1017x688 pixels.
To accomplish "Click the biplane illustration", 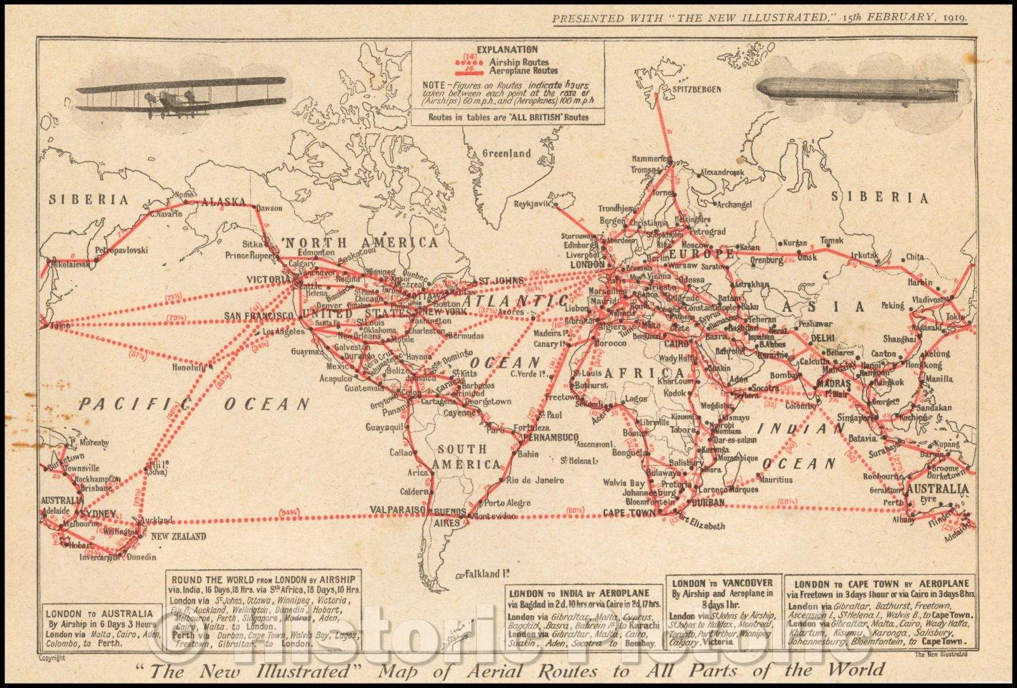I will click(181, 98).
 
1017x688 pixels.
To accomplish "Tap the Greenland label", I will click(507, 154).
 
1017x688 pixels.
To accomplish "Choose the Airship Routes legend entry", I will click(519, 62).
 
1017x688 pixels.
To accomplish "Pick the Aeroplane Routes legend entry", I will click(523, 71).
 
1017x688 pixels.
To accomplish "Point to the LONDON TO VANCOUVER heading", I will click(722, 583).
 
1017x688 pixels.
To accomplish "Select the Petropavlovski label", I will click(121, 250).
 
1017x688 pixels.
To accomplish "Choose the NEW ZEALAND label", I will click(179, 537).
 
